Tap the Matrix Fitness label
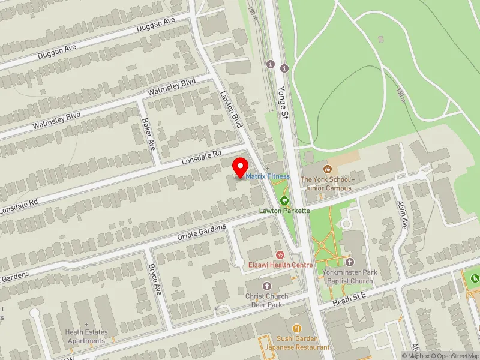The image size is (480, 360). coord(267,176)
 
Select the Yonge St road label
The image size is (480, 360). coord(284,95)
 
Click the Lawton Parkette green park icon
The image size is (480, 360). coord(284,200)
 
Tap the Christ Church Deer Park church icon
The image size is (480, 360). coord(267,286)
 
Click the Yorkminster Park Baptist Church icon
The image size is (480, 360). coord(350,262)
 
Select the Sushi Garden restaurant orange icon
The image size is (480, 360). coord(296,329)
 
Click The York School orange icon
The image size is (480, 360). coord(328,170)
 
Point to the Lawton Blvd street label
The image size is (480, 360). coord(230,109)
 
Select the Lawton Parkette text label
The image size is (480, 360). coord(284,211)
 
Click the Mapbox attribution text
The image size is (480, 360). coord(416,356)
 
